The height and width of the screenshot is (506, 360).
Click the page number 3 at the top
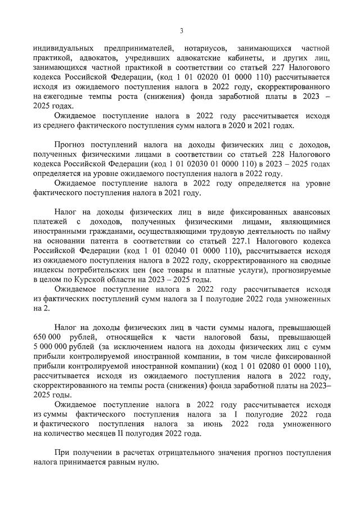point(181,30)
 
